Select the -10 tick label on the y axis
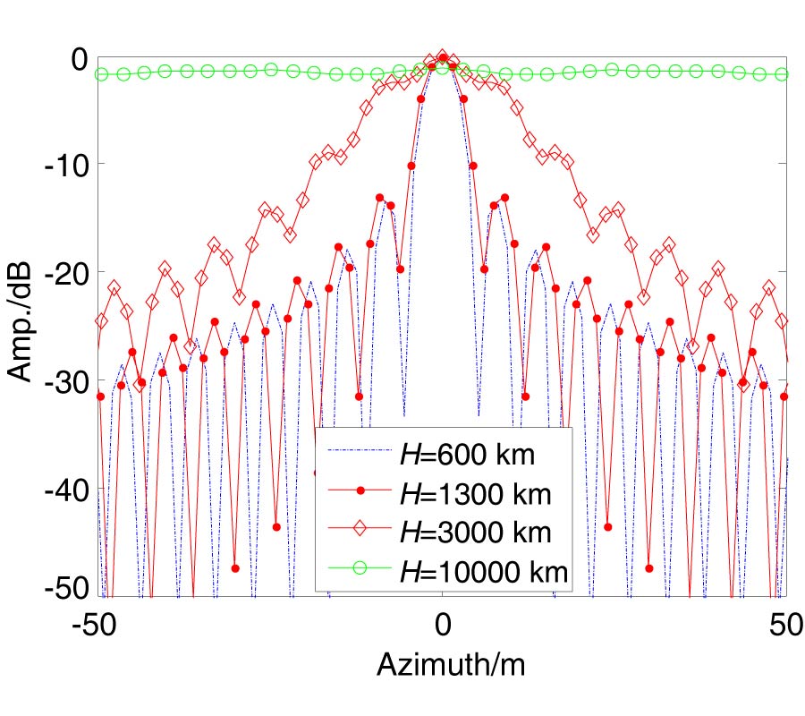tap(61, 166)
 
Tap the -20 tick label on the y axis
tap(61, 275)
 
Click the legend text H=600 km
tap(466, 455)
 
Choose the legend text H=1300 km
tap(475, 492)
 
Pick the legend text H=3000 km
tap(475, 531)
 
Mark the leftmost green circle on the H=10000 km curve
tap(102, 74)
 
